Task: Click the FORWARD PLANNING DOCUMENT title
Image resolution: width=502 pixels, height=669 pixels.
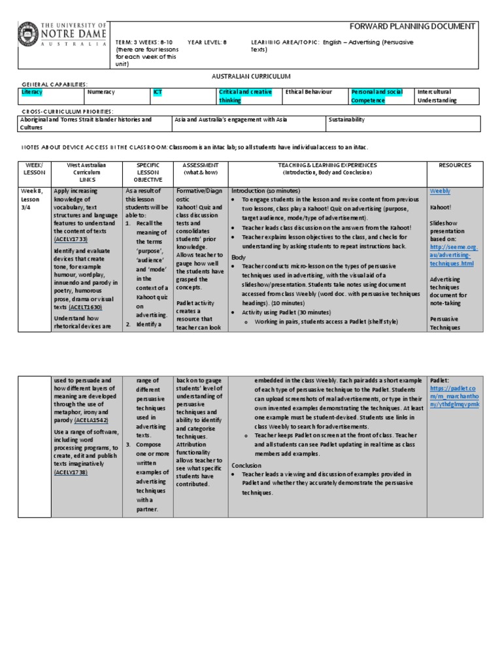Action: [412, 26]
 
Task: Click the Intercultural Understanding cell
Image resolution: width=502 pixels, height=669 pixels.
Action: [446, 96]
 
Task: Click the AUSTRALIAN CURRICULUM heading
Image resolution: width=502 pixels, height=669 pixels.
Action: [250, 76]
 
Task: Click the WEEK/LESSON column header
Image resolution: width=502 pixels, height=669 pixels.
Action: [33, 169]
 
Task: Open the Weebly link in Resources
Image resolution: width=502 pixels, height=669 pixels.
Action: [440, 191]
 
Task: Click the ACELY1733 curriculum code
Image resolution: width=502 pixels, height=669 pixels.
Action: [72, 240]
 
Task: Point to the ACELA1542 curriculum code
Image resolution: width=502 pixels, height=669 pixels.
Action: [90, 419]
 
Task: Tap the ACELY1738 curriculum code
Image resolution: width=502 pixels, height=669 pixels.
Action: [71, 472]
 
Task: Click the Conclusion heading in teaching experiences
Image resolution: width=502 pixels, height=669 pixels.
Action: [246, 465]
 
